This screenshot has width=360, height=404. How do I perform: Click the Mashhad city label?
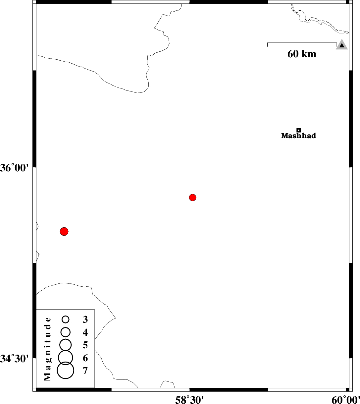(298, 136)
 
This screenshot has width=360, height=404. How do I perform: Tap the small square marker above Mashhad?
(298, 130)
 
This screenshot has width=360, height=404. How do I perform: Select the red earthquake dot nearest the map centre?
(193, 198)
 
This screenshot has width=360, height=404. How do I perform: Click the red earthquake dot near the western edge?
(64, 231)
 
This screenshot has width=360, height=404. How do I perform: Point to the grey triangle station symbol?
(342, 45)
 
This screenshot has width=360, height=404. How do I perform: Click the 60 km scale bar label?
(302, 54)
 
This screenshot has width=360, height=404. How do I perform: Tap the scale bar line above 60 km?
(302, 43)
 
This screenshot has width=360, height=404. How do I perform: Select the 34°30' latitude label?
(15, 359)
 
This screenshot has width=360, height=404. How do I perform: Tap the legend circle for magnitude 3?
(66, 319)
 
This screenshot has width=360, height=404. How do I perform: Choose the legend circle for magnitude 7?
(65, 370)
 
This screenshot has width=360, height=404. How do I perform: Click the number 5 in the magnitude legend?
(85, 345)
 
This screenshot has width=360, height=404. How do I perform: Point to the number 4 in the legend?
(85, 332)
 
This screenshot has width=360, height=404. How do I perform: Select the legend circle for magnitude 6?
(65, 357)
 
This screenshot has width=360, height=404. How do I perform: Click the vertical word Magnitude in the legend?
(48, 349)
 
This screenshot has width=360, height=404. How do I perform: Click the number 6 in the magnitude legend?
(85, 358)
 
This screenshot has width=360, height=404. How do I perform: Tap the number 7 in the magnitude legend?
(85, 370)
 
